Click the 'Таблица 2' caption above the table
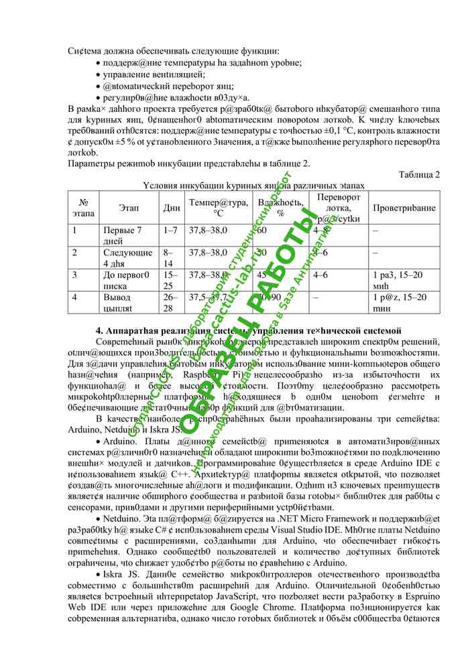(419, 175)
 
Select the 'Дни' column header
(171, 208)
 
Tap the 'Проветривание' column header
(404, 208)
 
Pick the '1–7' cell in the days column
(170, 230)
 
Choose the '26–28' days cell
(170, 301)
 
